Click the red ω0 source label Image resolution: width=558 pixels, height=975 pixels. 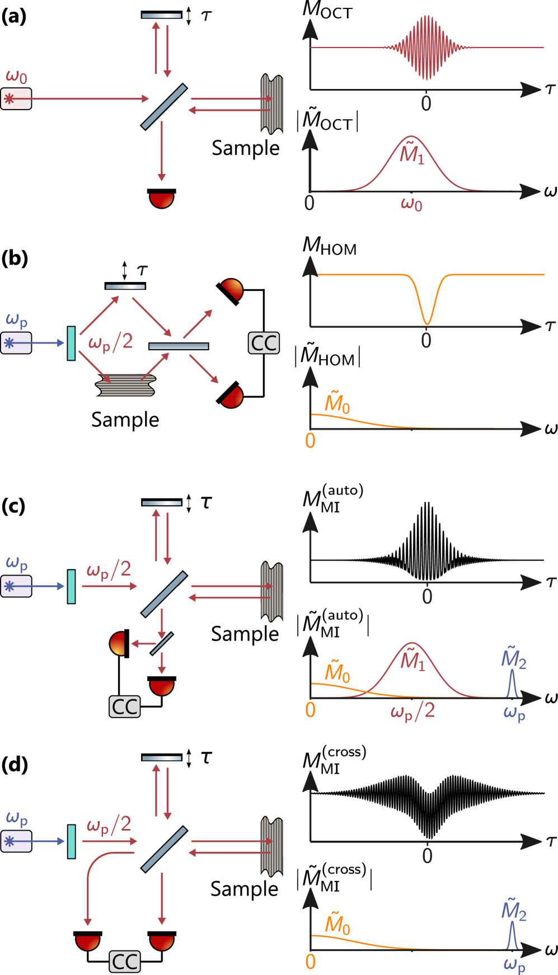click(16, 77)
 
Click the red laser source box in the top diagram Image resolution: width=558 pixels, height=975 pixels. click(16, 99)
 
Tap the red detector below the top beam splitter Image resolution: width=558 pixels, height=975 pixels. click(162, 199)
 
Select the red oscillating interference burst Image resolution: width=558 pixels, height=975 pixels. click(426, 48)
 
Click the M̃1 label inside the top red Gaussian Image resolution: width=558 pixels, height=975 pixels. click(412, 154)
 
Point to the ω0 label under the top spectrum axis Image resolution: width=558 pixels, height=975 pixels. click(411, 204)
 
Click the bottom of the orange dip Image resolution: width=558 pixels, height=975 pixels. click(427, 323)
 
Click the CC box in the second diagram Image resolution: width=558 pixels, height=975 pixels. click(264, 343)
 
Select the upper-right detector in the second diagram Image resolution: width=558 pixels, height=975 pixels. click(232, 289)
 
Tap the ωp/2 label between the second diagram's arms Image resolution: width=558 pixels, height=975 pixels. click(111, 342)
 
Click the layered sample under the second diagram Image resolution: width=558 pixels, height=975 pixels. click(126, 385)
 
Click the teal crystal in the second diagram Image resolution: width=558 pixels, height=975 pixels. click(71, 343)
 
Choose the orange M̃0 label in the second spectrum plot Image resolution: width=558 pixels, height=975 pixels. click(337, 403)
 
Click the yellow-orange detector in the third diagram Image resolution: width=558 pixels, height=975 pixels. click(118, 644)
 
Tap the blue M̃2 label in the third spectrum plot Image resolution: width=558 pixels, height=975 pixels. click(513, 658)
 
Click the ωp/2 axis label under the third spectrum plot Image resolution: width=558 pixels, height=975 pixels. click(412, 711)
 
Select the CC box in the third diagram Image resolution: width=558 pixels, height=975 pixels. click(124, 706)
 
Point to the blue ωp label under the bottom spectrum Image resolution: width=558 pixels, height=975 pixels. click(514, 964)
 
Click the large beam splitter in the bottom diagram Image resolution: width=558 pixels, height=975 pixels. click(164, 849)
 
